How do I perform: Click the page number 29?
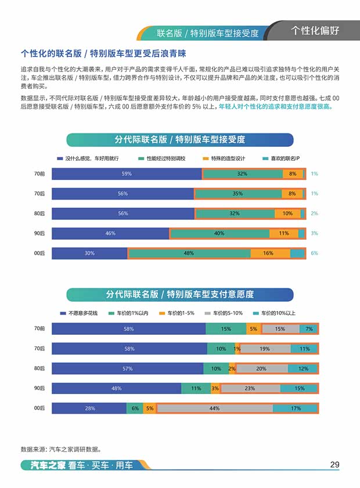(x=334, y=464)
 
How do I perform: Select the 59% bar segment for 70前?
(x=127, y=173)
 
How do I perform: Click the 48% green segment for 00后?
(x=189, y=253)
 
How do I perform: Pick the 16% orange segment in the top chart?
(x=270, y=253)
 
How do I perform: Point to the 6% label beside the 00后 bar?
(x=314, y=253)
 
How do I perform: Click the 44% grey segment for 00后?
(x=214, y=409)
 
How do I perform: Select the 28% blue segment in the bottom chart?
(x=90, y=409)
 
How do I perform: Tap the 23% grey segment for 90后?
(x=250, y=388)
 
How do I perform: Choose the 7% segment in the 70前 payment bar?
(x=309, y=329)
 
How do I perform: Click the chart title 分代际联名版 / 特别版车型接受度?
(x=179, y=140)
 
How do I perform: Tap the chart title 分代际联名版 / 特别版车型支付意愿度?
(x=179, y=295)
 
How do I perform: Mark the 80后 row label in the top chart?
(x=39, y=214)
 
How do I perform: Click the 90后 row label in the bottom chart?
(x=39, y=388)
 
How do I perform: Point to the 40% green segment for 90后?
(x=219, y=233)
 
